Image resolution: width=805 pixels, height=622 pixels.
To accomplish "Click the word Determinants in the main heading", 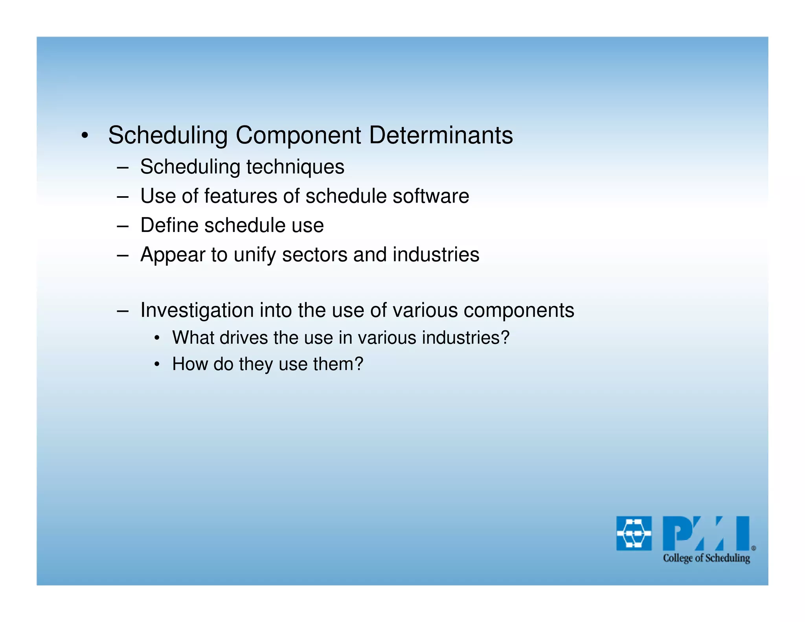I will (x=441, y=135).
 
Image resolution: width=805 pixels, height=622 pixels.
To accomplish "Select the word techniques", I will (x=295, y=167).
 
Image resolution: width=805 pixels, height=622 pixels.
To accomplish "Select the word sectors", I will (x=315, y=255).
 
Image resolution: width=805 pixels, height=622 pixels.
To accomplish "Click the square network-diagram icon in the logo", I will (x=634, y=534).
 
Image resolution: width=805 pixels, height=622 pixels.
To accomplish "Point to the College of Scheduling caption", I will (x=706, y=558).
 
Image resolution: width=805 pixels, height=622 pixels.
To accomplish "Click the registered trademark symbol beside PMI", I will (x=754, y=548).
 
